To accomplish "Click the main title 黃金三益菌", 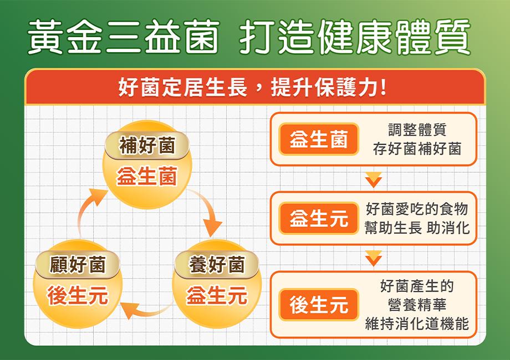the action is (124, 37).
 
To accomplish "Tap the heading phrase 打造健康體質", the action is (355, 37).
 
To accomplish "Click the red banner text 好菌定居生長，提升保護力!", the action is (252, 87).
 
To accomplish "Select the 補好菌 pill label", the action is (147, 145).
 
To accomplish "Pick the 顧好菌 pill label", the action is (78, 264).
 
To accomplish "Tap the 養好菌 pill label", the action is (217, 264).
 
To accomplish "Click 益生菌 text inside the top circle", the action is (147, 176).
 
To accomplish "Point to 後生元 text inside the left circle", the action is (78, 295).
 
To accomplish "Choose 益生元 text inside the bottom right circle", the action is (217, 295).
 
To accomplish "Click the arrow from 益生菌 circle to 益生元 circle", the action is (208, 208).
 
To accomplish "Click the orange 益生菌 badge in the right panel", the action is (319, 139).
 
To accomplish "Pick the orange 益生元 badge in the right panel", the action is (319, 218).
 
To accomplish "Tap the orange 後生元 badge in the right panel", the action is (319, 305).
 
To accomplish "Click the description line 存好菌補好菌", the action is (417, 149).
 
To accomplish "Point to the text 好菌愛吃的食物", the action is (417, 209).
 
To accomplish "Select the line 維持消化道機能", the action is (417, 323).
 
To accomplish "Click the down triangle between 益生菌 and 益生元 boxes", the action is (374, 180).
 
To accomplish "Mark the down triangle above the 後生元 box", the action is (374, 258).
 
